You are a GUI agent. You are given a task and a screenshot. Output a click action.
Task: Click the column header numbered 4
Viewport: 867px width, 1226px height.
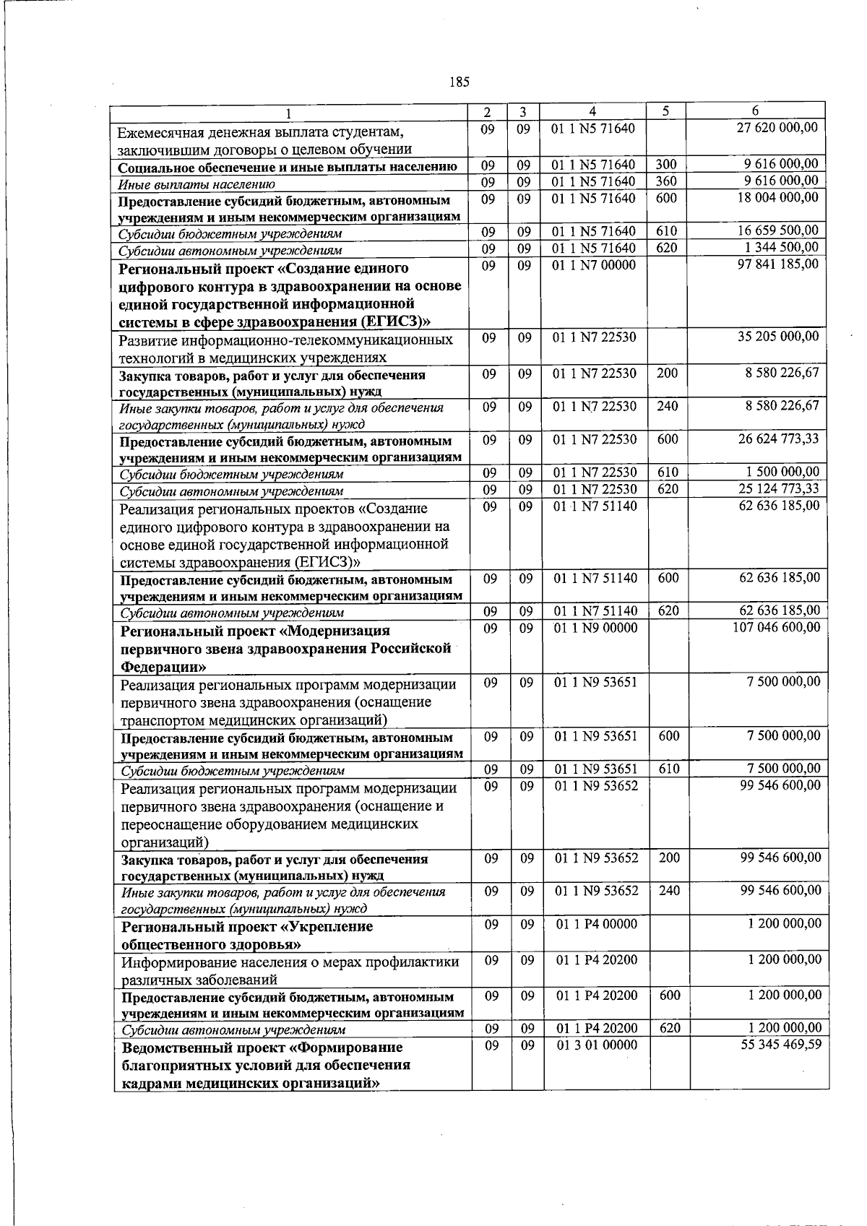[592, 111]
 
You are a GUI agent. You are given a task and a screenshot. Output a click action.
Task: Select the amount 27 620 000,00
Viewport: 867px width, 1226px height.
[777, 127]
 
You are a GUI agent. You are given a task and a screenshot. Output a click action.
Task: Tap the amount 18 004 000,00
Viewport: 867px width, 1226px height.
[777, 197]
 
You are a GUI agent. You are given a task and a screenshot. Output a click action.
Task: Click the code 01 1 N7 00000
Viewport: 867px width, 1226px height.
[594, 265]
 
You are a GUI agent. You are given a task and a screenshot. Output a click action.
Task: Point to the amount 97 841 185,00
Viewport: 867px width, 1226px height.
[777, 264]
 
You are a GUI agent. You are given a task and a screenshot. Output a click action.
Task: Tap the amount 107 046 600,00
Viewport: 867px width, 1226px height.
[776, 627]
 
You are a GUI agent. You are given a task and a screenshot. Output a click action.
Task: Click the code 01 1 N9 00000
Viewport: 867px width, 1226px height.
[595, 628]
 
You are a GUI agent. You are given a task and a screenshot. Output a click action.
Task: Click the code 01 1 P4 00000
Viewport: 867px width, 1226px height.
[597, 923]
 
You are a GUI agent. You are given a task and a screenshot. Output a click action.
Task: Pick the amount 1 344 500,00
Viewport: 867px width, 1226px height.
[782, 248]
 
